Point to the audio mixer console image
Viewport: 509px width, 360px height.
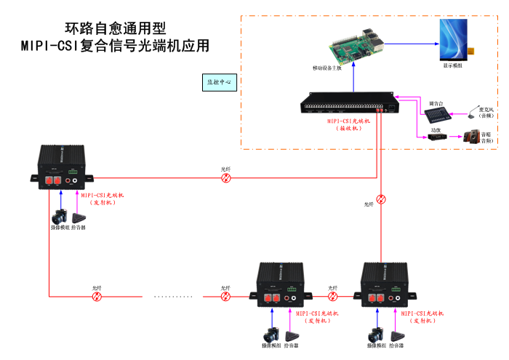pos(436,115)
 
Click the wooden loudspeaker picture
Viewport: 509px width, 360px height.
pos(472,136)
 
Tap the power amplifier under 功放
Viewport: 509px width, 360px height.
pos(436,137)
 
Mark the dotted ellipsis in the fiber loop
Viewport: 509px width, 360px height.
pos(174,297)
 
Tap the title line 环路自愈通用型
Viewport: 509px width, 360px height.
pos(116,29)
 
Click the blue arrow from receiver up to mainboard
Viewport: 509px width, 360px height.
pos(353,80)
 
